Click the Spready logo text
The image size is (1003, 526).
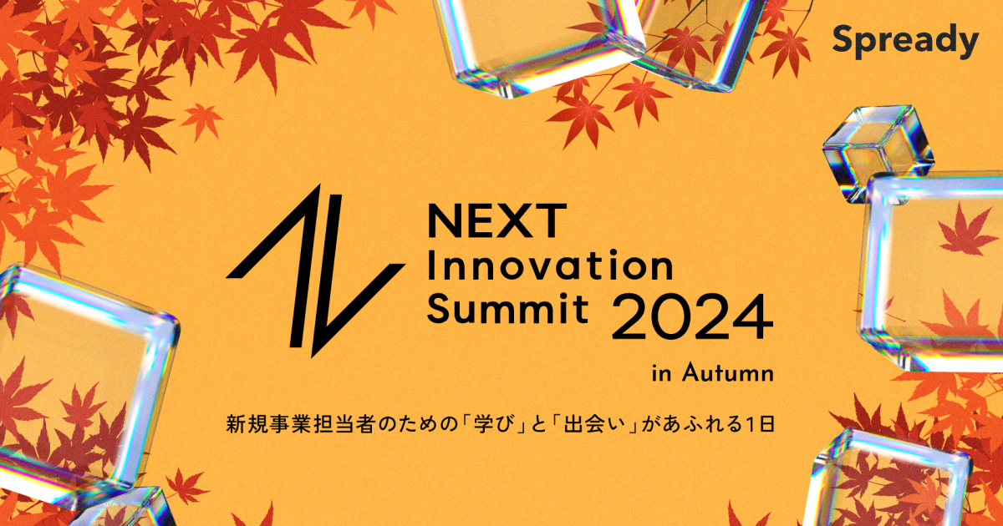pos(905,41)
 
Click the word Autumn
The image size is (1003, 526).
pos(726,372)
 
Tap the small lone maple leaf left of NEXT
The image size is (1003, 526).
pos(201,119)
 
